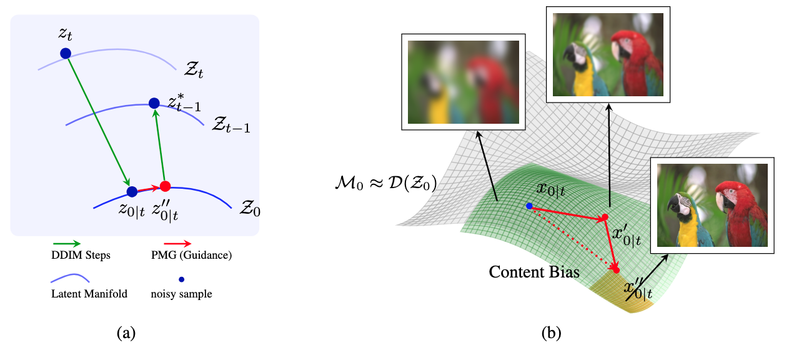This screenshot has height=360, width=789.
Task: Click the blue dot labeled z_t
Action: [66, 54]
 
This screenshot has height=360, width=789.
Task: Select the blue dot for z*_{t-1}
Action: [154, 102]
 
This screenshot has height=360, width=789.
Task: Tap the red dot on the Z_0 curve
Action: [165, 186]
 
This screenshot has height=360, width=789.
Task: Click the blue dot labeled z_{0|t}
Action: [132, 191]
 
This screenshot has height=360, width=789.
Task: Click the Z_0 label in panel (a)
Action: [250, 207]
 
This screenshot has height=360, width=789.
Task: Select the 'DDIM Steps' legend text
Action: [77, 255]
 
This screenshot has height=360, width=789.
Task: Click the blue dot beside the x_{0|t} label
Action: [529, 206]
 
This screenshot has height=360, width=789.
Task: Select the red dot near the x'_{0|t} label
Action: [604, 217]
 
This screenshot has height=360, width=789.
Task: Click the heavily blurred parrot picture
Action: [463, 82]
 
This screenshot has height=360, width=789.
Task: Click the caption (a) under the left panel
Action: [126, 333]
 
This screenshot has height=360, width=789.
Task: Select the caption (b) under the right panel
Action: [552, 333]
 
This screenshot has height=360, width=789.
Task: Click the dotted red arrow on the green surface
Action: [572, 238]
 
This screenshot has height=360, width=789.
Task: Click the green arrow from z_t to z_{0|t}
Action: [98, 121]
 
